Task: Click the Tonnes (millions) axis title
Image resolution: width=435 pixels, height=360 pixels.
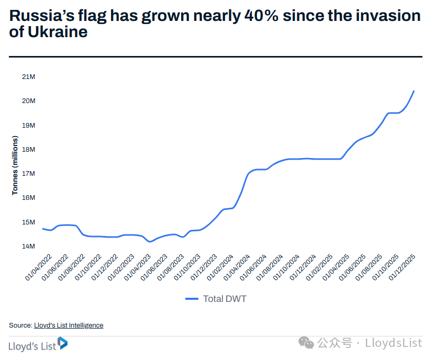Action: click(15, 165)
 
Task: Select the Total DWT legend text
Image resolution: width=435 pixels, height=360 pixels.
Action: click(225, 299)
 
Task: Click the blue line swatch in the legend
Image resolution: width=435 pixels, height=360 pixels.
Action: click(192, 299)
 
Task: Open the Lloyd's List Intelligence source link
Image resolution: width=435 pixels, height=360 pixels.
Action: click(69, 325)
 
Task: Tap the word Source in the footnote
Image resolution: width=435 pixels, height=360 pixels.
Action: click(20, 325)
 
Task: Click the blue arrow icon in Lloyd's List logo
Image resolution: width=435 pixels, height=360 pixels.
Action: click(63, 343)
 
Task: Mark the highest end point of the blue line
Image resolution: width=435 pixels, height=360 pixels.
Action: click(414, 91)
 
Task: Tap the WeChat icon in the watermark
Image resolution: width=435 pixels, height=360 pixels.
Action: click(307, 343)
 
